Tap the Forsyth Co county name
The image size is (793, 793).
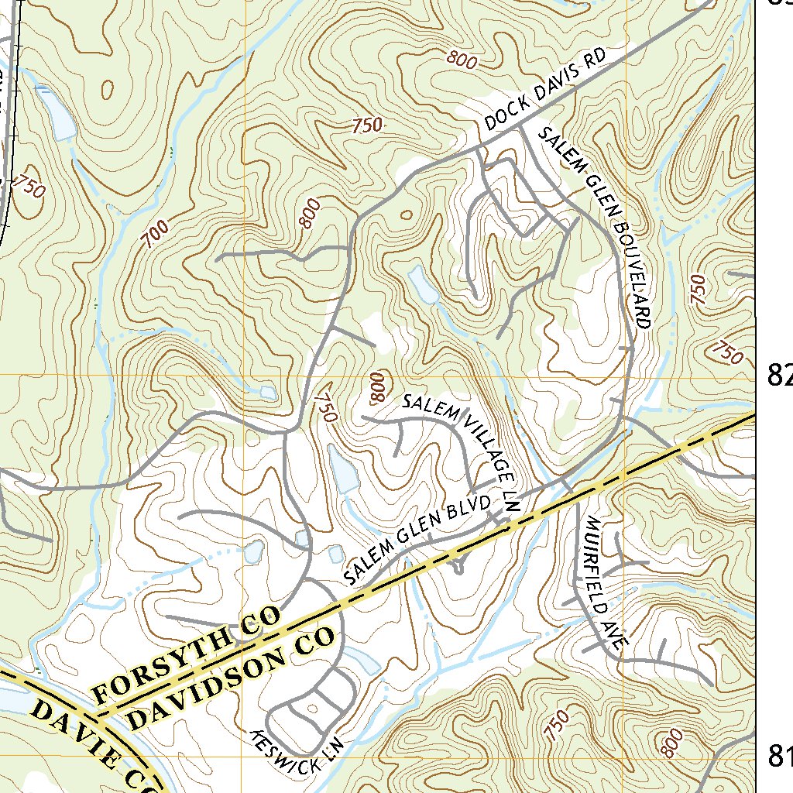point(186,658)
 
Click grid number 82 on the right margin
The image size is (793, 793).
point(778,375)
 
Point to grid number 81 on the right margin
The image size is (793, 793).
point(778,755)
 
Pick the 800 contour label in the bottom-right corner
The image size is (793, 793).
point(671,743)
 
